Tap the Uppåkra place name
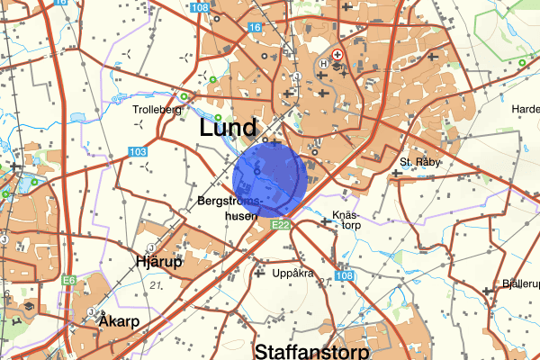tap(294, 272)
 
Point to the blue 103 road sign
tap(137, 152)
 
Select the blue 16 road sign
tap(256, 29)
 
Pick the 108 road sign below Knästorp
tap(344, 275)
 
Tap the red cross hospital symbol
tap(338, 54)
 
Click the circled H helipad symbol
tap(325, 64)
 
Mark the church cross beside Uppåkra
tap(261, 272)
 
